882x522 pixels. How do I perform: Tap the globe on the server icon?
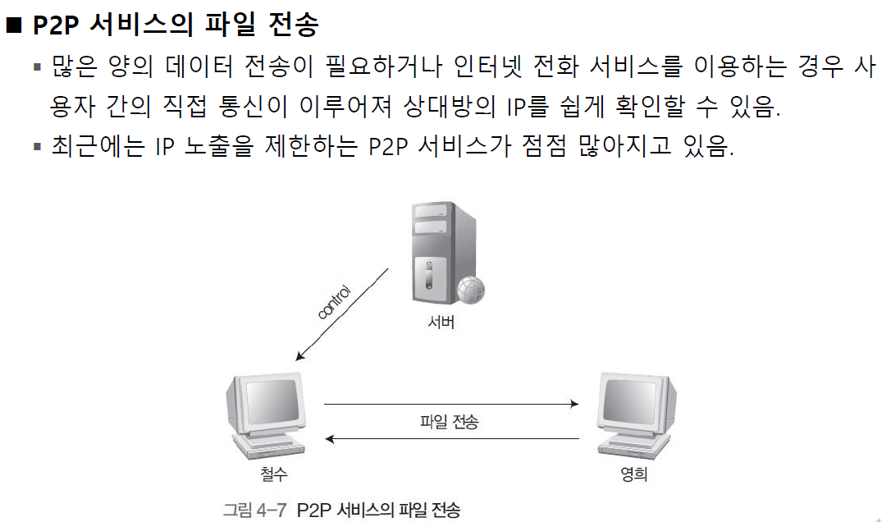pos(470,289)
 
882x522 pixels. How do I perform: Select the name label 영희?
pos(633,474)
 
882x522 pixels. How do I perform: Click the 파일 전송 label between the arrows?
pos(449,423)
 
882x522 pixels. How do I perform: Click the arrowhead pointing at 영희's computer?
pos(574,405)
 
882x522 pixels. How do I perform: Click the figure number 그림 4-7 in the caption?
pos(254,510)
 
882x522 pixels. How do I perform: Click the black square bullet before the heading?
pos(12,25)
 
